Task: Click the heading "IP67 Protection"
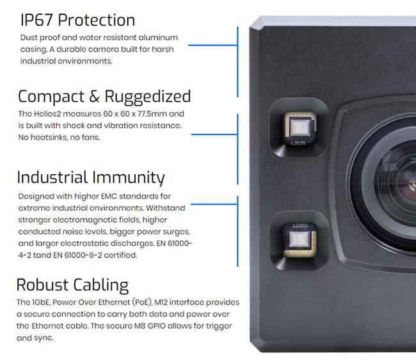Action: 77,20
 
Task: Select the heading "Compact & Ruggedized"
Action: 104,97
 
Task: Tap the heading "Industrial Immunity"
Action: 91,177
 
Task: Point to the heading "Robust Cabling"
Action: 72,284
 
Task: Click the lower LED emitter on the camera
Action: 298,240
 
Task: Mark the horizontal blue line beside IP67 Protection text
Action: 212,45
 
